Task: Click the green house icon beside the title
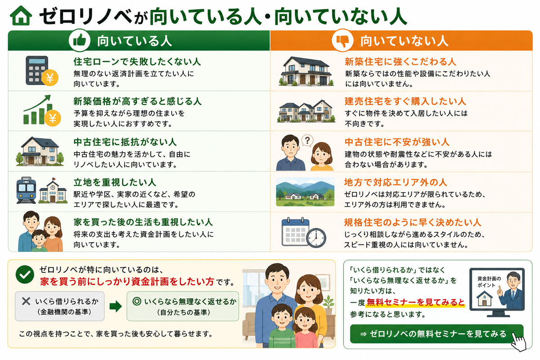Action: [21, 16]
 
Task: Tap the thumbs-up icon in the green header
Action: [80, 40]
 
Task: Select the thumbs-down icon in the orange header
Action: [342, 40]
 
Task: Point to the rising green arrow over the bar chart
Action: [38, 103]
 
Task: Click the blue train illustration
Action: [26, 190]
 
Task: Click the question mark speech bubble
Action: [307, 140]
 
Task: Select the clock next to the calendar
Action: [316, 238]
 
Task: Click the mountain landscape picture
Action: [305, 192]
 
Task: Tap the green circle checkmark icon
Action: [25, 274]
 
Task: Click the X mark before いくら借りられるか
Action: [26, 301]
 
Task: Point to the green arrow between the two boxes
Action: [116, 306]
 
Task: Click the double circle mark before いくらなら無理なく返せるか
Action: [137, 301]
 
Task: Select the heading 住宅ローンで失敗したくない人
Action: [137, 62]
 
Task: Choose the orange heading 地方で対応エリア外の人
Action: [396, 182]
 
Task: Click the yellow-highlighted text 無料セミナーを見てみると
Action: [416, 302]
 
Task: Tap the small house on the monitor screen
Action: [484, 298]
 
